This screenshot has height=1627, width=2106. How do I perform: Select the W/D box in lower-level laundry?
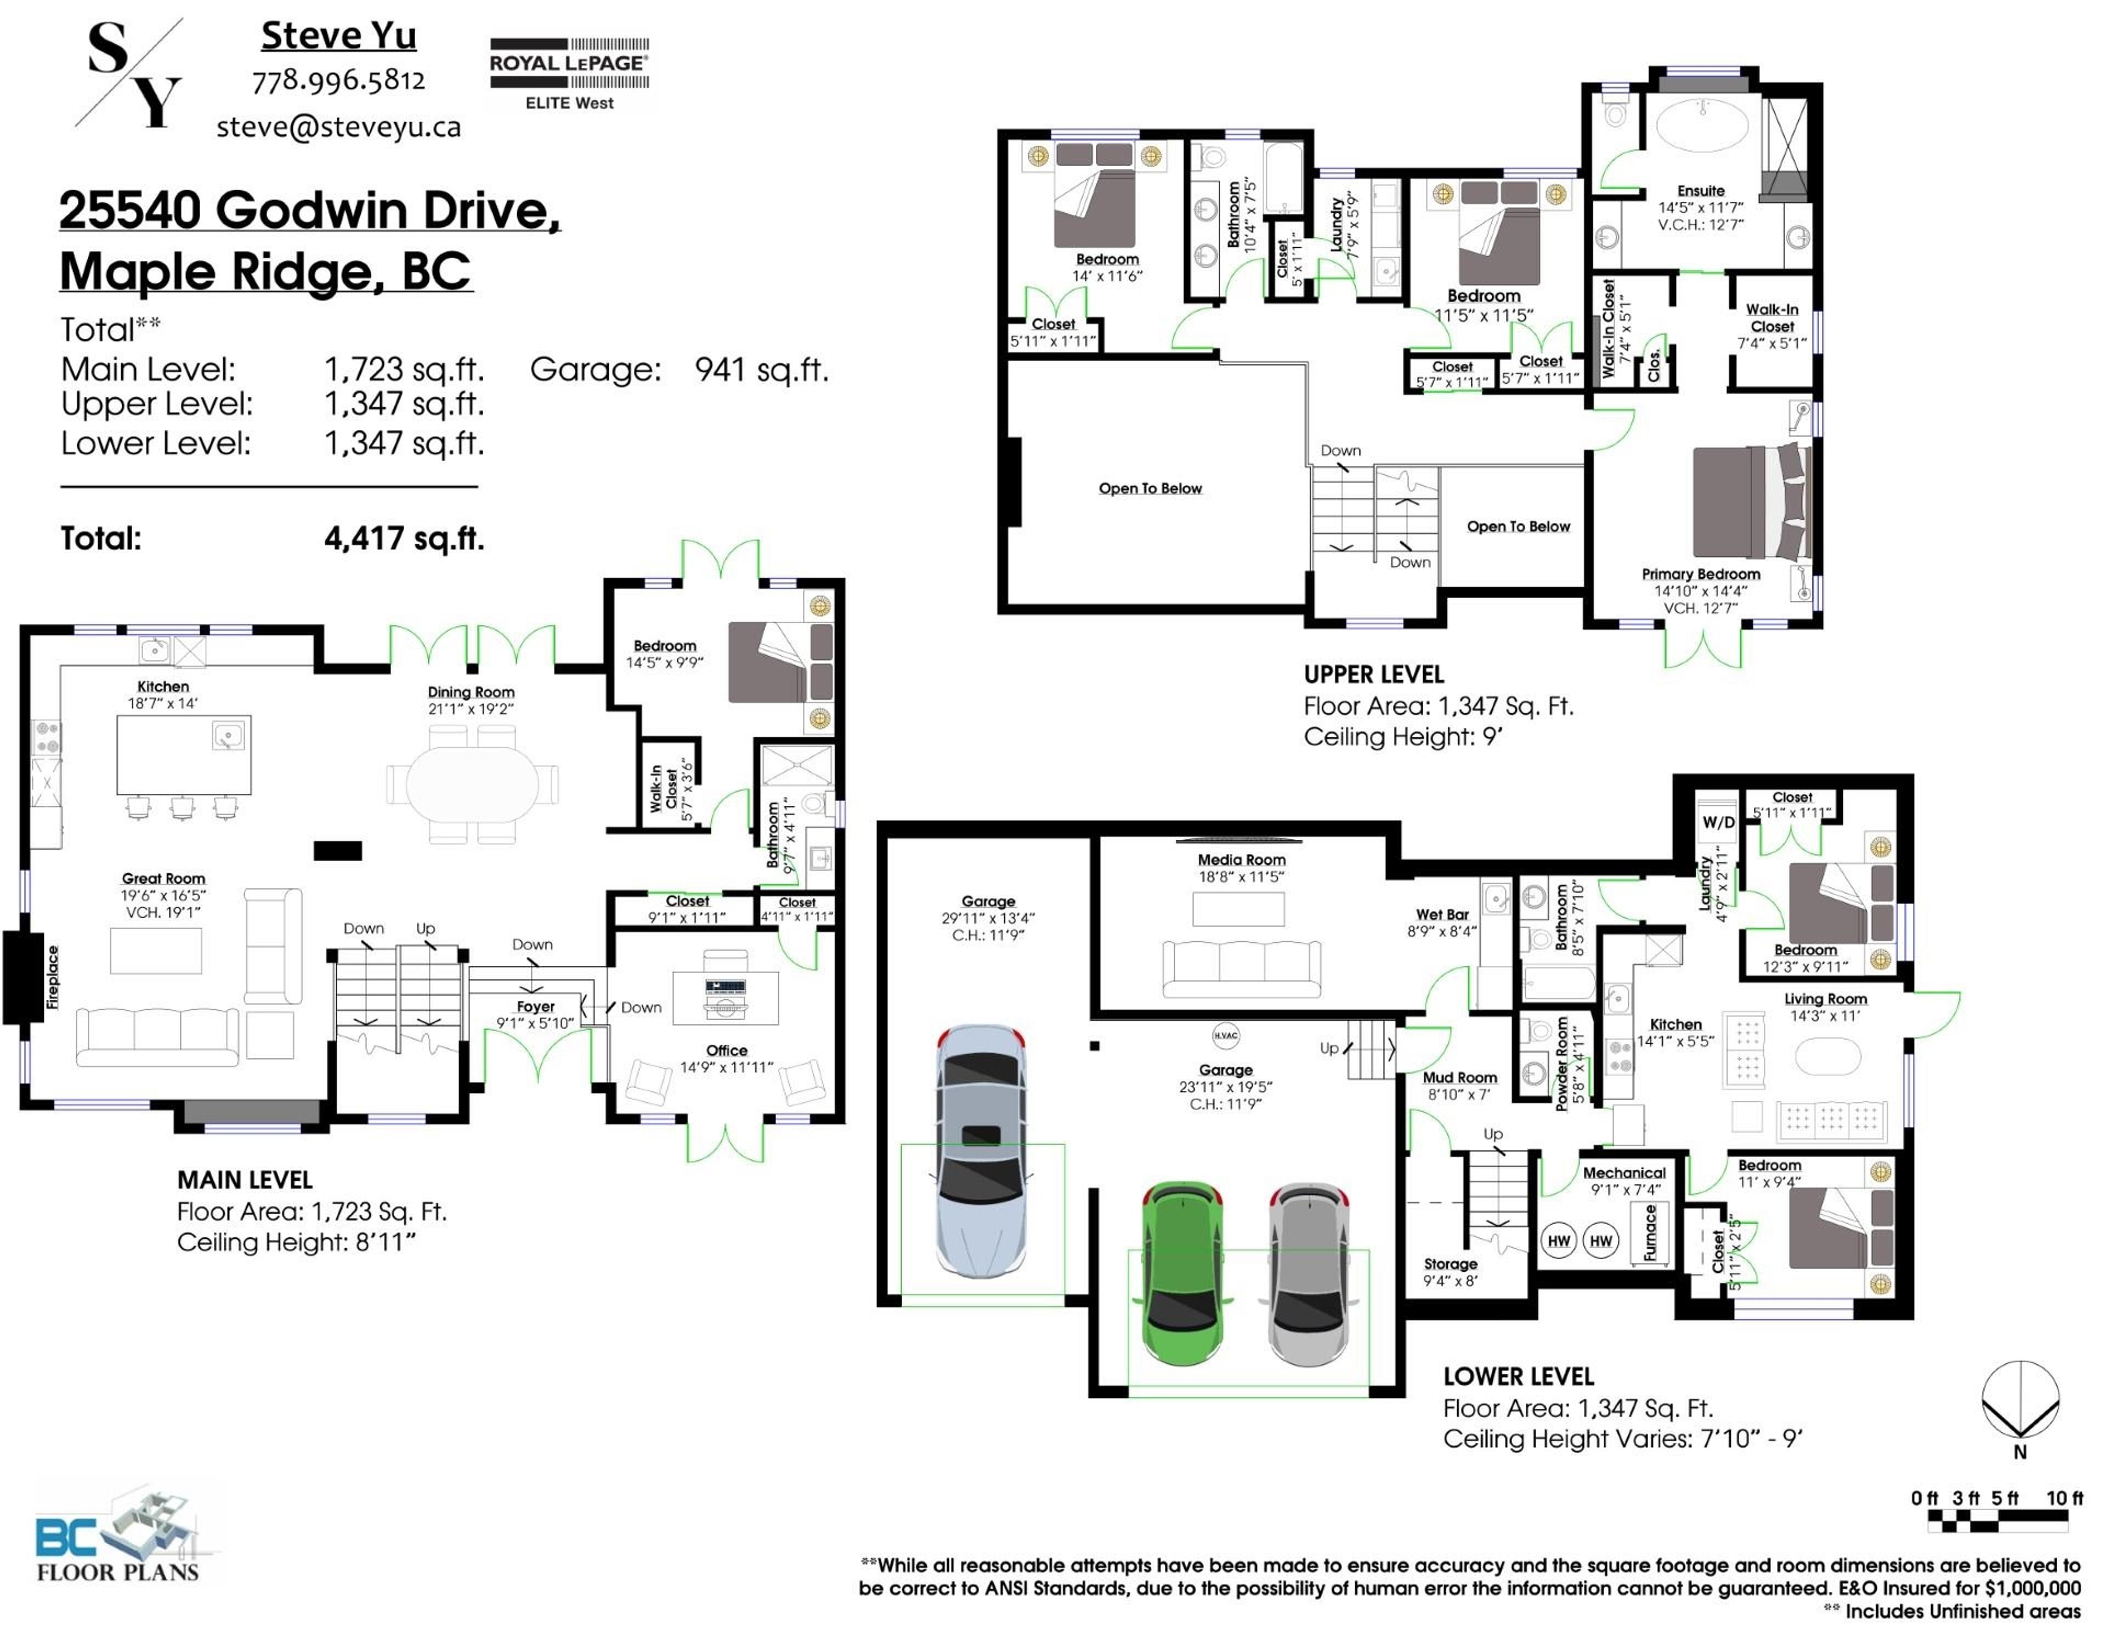[x=1717, y=822]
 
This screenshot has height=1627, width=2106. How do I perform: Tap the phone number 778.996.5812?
[x=338, y=81]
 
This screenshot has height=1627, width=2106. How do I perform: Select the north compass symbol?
[x=2020, y=1401]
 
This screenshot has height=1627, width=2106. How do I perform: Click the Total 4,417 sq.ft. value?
[x=404, y=538]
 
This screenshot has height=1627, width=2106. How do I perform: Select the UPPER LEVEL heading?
[x=1373, y=675]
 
